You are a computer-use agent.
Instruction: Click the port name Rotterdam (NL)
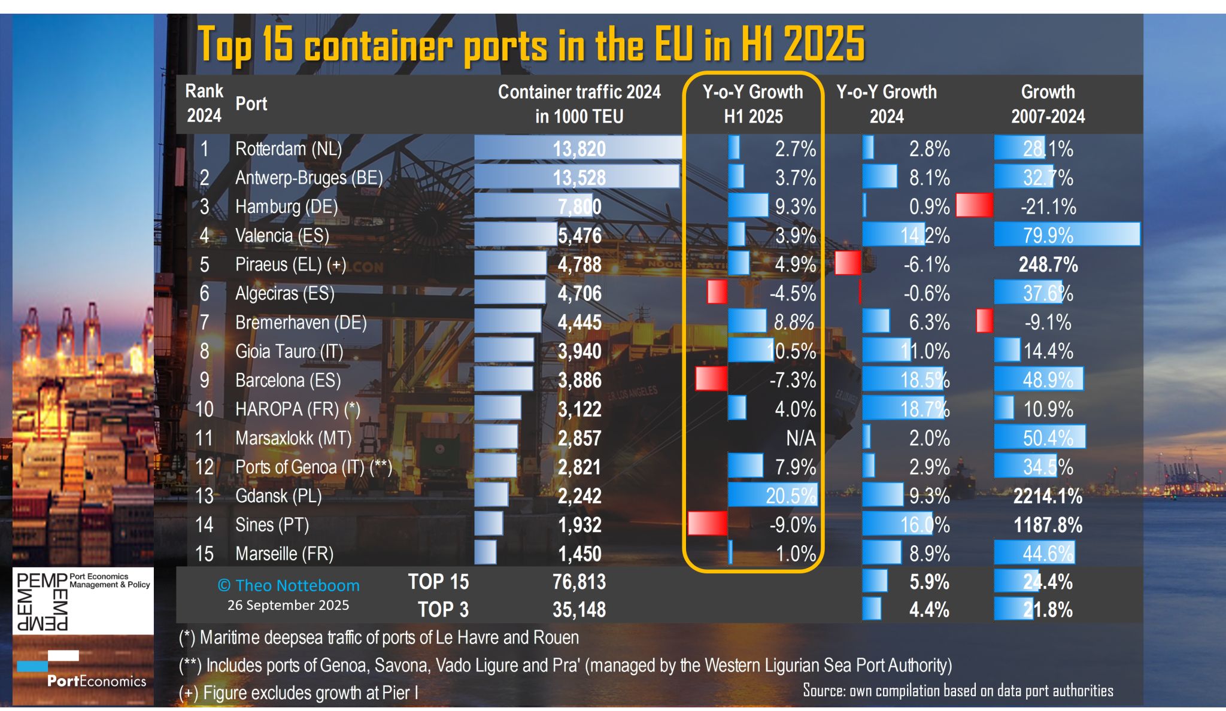click(288, 148)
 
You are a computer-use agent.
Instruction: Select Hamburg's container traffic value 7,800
click(579, 206)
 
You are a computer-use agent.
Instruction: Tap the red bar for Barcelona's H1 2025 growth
click(711, 379)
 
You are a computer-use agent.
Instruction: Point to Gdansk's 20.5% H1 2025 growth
click(790, 496)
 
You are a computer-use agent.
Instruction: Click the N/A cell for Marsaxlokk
click(800, 438)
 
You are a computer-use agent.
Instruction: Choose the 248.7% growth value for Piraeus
click(1048, 265)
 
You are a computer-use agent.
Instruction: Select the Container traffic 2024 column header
click(579, 104)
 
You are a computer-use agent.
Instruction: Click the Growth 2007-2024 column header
click(1048, 104)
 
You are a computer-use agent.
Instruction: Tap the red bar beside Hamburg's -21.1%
click(974, 205)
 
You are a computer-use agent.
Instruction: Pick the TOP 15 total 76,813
click(579, 582)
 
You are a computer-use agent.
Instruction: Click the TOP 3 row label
click(443, 610)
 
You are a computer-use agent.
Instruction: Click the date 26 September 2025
click(288, 605)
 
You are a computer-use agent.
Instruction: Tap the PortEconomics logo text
click(96, 681)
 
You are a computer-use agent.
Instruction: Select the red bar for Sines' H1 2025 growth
click(708, 523)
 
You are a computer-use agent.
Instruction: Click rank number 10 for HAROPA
click(204, 409)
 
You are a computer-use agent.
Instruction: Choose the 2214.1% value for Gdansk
click(1048, 496)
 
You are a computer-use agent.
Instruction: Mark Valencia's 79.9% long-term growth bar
click(1067, 235)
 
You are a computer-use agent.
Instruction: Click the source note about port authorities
click(958, 691)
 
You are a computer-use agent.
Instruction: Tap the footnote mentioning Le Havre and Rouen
click(379, 637)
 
